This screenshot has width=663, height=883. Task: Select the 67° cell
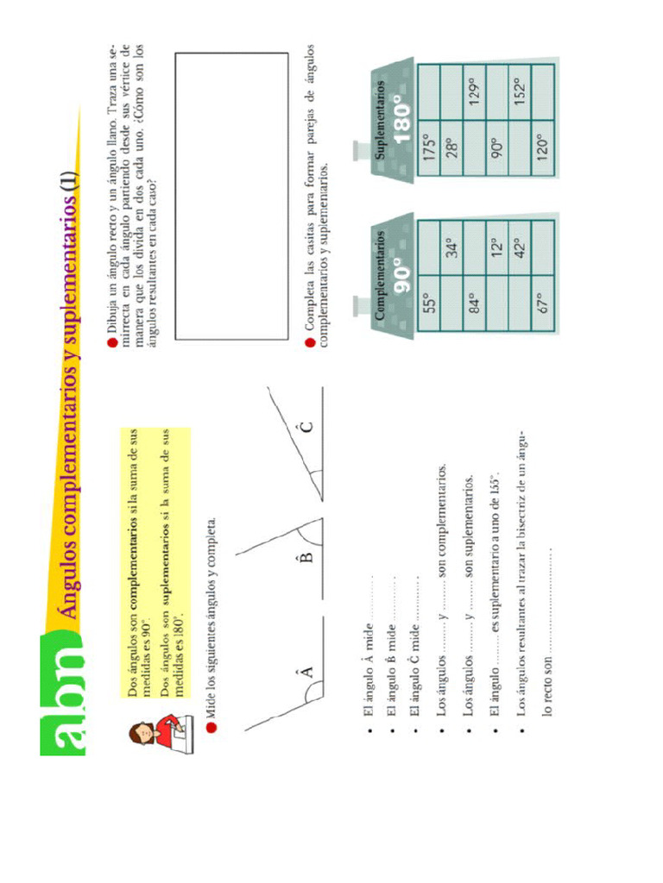click(541, 303)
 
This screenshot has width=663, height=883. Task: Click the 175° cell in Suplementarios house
click(430, 147)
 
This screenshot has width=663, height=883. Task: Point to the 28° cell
click(451, 147)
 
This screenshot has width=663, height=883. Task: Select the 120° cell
click(541, 147)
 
